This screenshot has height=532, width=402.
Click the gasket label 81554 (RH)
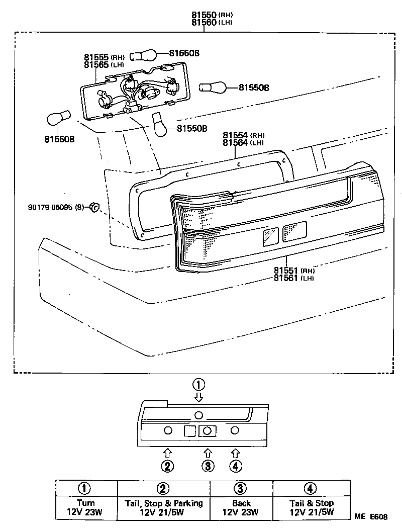click(x=243, y=135)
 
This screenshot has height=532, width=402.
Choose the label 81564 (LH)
click(x=243, y=143)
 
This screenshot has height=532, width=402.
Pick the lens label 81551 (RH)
click(x=294, y=271)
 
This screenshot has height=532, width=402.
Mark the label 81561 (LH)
click(x=294, y=278)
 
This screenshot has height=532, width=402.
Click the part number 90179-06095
click(x=50, y=207)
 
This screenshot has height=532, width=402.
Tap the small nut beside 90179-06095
click(x=93, y=206)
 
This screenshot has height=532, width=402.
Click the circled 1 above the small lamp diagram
click(x=199, y=385)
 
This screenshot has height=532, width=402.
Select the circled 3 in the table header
click(x=241, y=488)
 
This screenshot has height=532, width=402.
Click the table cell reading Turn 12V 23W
click(x=86, y=507)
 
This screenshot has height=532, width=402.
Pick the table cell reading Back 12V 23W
click(x=241, y=507)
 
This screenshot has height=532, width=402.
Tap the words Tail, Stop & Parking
click(x=163, y=503)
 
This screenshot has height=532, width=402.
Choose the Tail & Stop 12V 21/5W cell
click(x=311, y=507)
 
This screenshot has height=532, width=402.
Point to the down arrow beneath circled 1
click(x=199, y=397)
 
